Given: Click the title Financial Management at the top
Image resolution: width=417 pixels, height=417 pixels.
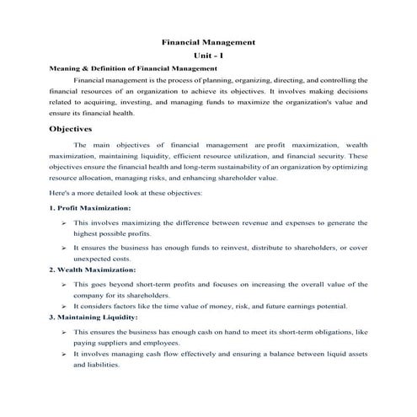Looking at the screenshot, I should point(208,41).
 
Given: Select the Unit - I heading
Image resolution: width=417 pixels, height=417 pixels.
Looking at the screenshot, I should point(208,55).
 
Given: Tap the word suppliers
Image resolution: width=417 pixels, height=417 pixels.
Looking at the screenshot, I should point(119,344).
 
